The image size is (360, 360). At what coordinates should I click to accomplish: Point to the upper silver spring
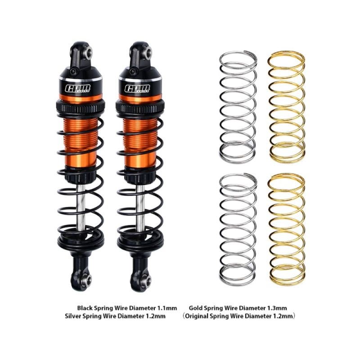[x=238, y=106]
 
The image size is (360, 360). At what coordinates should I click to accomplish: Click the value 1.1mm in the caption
[x=167, y=308]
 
